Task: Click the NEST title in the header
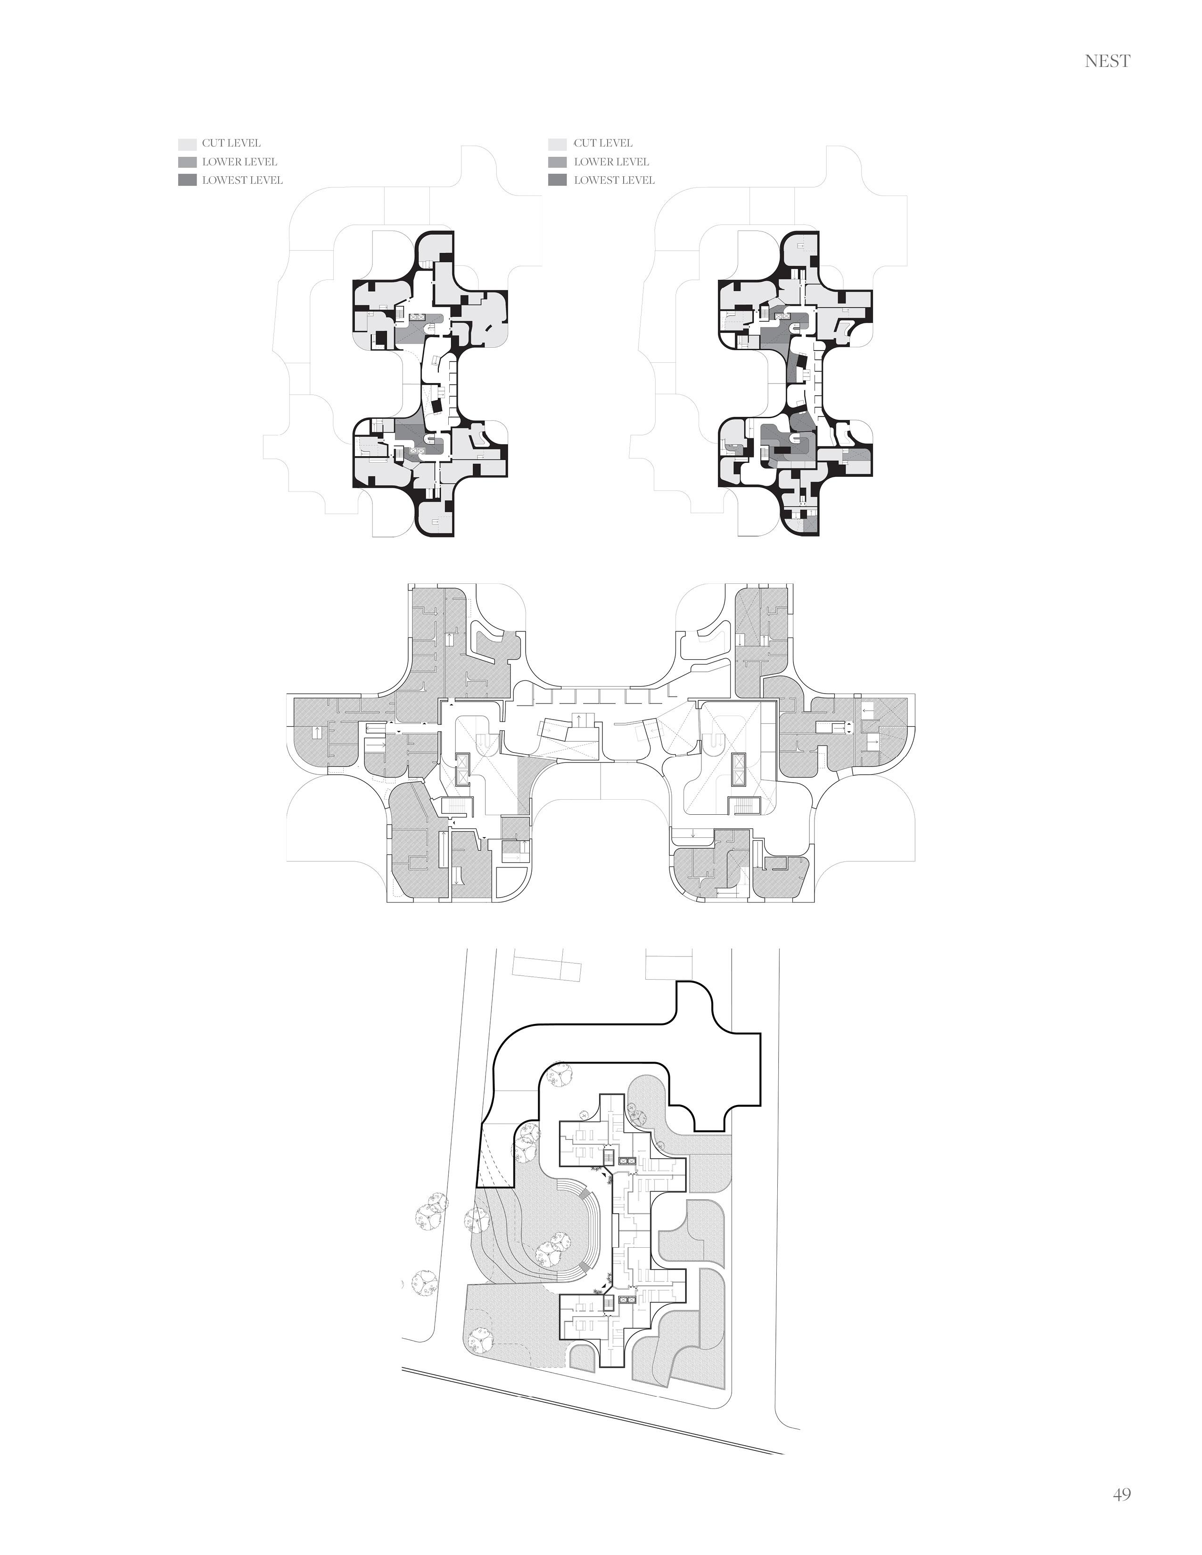[1107, 62]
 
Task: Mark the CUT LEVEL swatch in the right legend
[557, 144]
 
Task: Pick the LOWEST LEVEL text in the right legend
[614, 180]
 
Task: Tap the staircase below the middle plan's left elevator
[453, 806]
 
